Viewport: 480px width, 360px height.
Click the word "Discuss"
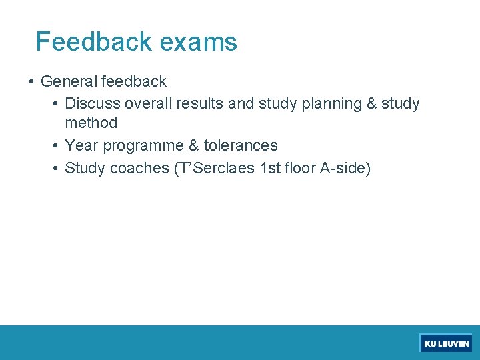[x=91, y=104]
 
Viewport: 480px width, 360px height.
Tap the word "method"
[x=91, y=123]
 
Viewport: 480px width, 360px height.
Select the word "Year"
[x=81, y=145]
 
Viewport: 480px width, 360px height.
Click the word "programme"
[x=143, y=146]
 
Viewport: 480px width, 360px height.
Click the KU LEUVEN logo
[x=446, y=344]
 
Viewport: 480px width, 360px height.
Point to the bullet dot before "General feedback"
[x=31, y=82]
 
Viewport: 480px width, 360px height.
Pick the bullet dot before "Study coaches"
[x=55, y=168]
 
